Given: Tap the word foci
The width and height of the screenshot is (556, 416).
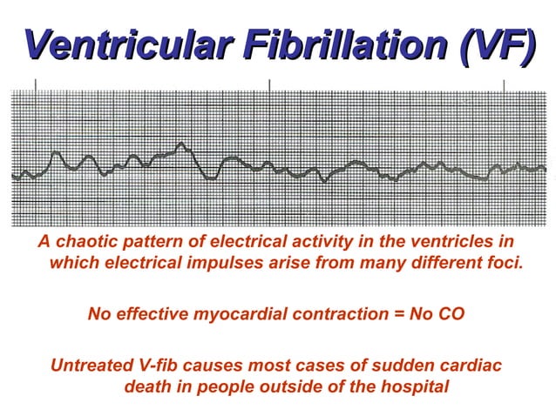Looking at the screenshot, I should pyautogui.click(x=506, y=262).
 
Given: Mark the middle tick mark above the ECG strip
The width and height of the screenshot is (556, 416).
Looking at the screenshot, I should pyautogui.click(x=269, y=84).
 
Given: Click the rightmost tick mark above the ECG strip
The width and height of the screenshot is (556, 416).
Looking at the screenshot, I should pyautogui.click(x=504, y=84).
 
